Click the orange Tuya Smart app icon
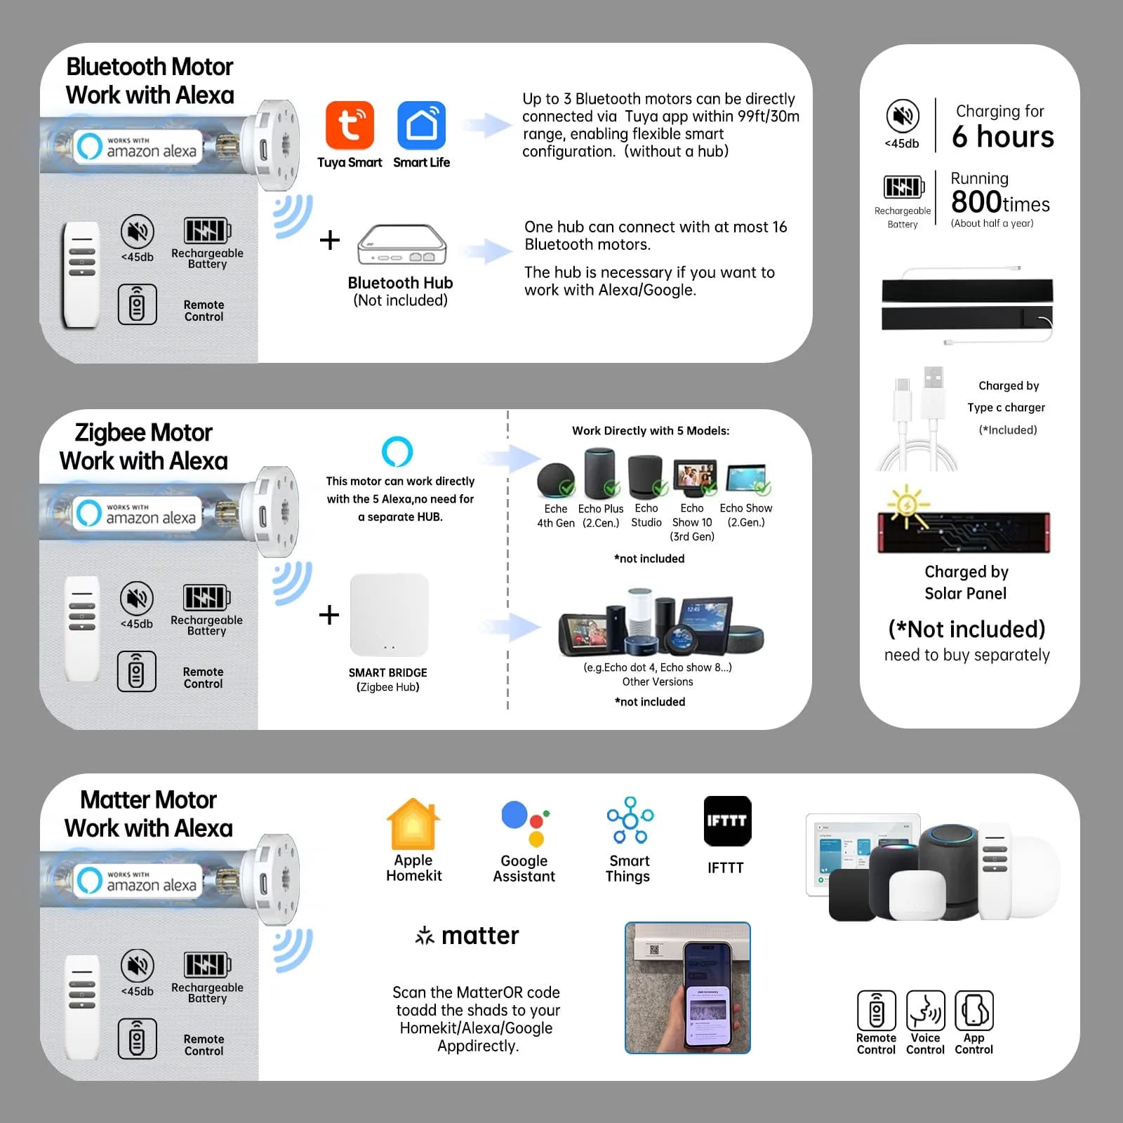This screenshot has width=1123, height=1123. (350, 125)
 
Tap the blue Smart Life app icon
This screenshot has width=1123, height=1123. (421, 125)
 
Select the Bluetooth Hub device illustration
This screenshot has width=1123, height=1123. (401, 244)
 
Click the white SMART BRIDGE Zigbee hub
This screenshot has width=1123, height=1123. (390, 615)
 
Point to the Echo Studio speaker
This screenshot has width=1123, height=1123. (645, 477)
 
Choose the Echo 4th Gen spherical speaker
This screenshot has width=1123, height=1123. (555, 480)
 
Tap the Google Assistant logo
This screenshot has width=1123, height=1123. (524, 823)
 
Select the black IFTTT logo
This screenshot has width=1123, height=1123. (727, 820)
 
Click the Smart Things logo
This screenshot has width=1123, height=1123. (630, 820)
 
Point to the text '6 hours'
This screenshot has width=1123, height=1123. (1002, 136)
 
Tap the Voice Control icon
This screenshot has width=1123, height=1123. (925, 1011)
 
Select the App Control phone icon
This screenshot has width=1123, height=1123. (974, 1011)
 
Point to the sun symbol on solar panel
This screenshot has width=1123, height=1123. (907, 505)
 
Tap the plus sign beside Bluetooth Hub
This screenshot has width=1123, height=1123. (329, 240)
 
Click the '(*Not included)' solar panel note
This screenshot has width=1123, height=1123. (966, 629)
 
